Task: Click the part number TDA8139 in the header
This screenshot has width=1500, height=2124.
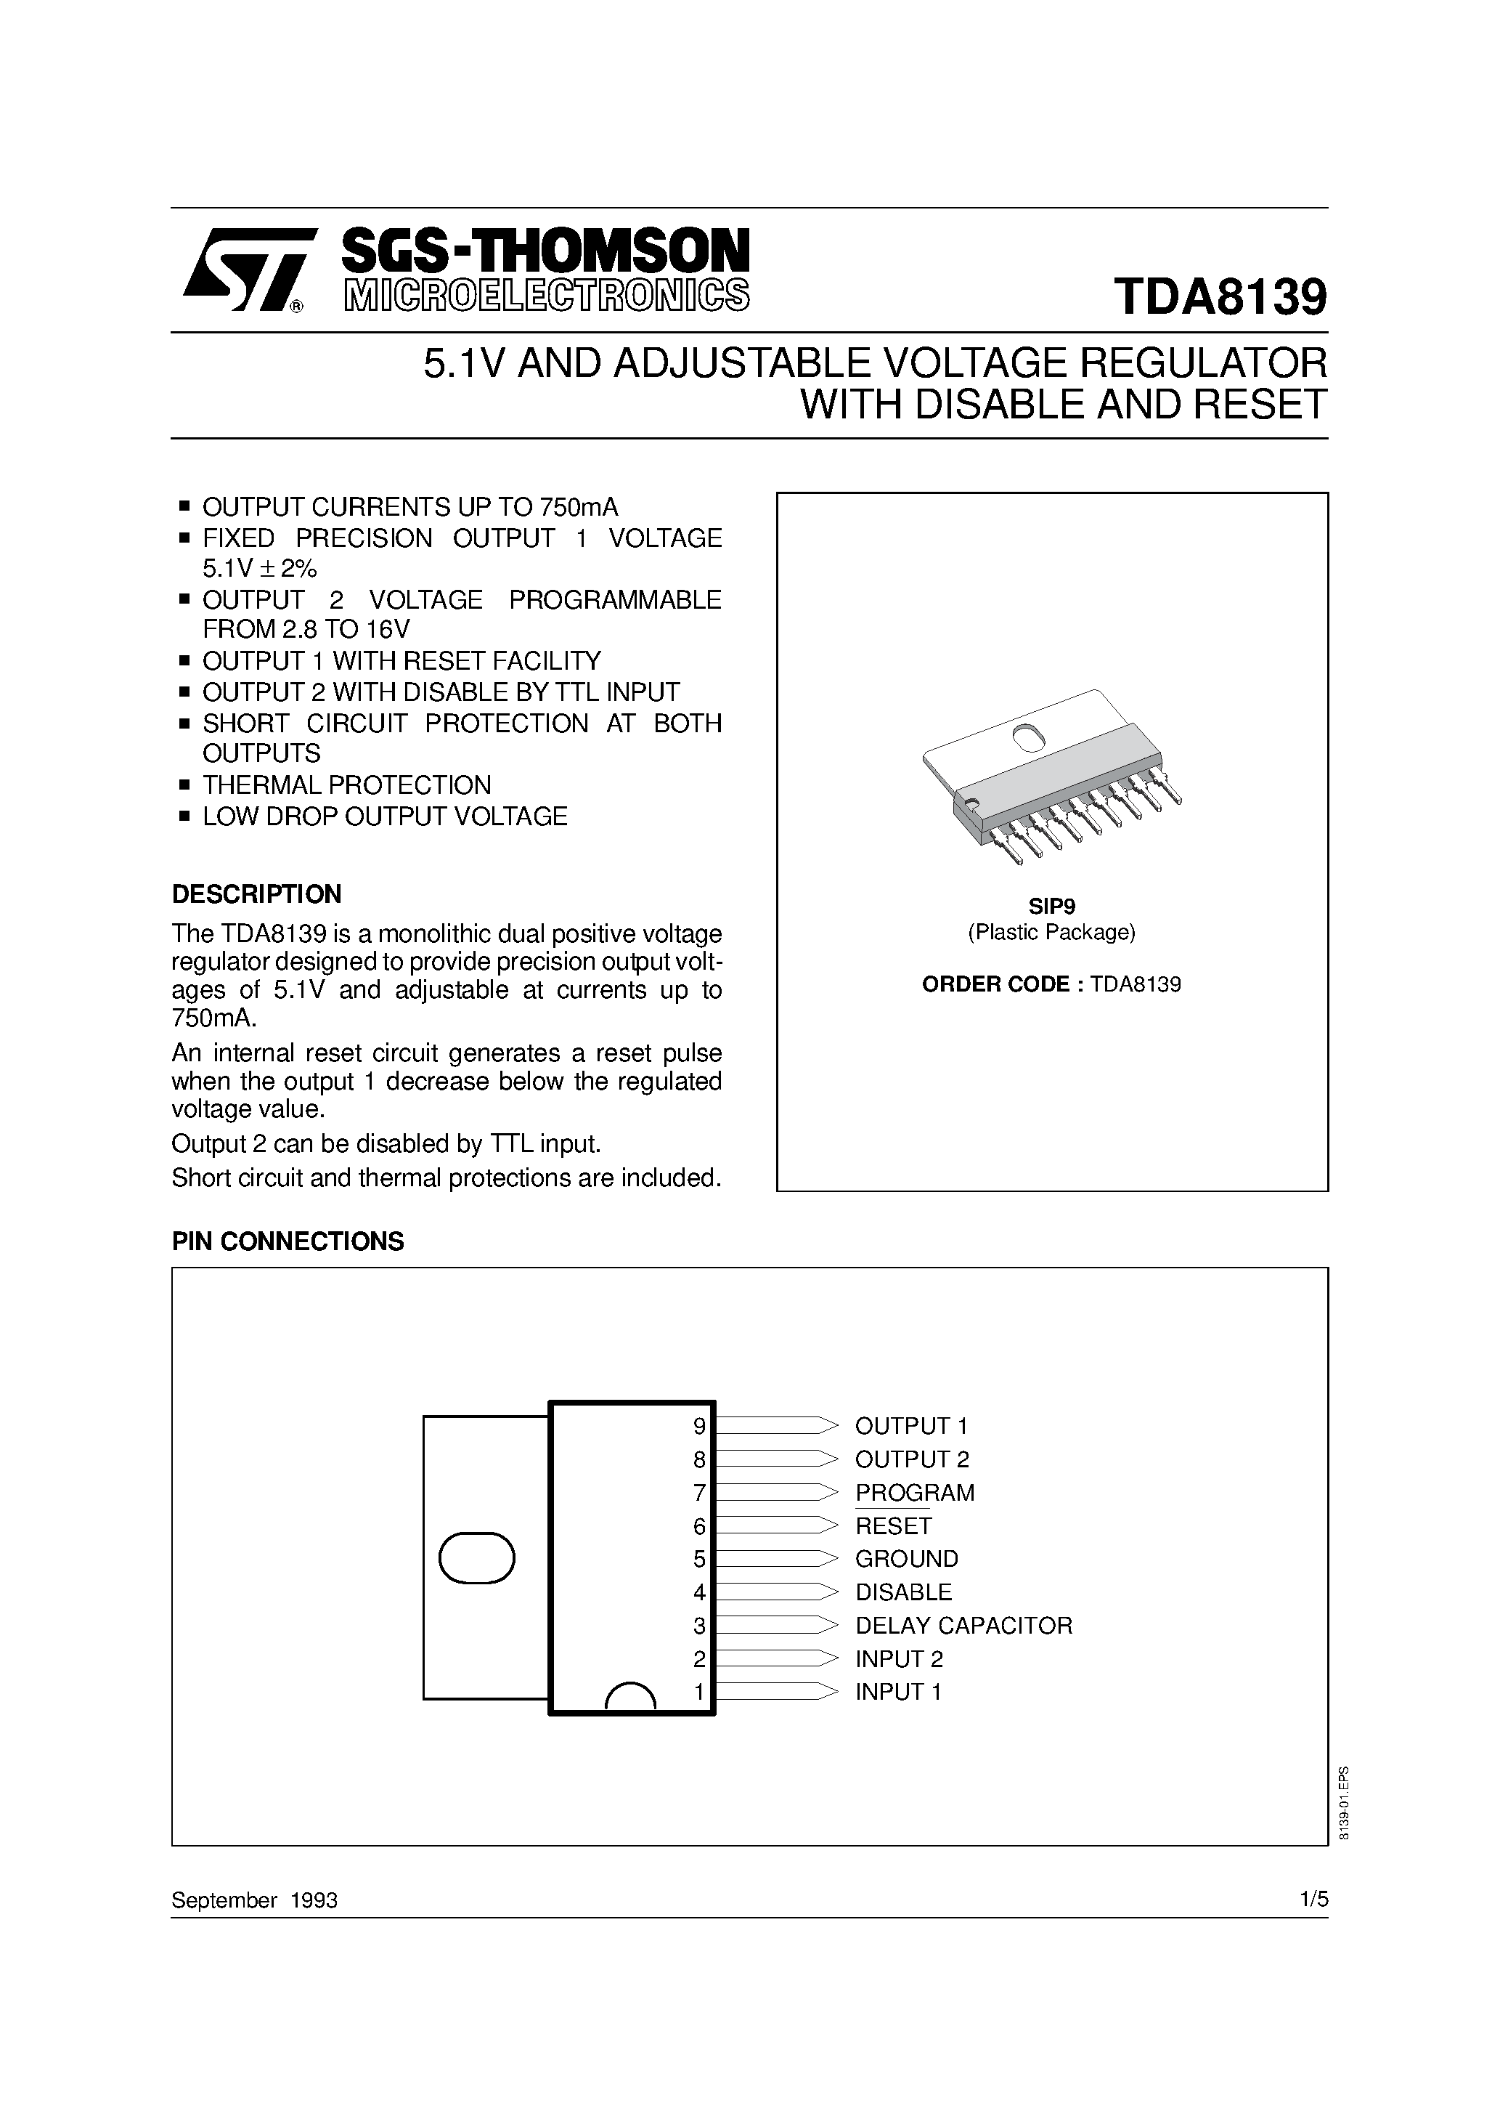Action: (x=1220, y=298)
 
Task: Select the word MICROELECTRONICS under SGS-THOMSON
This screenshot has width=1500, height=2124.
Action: (x=547, y=294)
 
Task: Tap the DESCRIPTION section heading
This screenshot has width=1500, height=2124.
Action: (x=256, y=893)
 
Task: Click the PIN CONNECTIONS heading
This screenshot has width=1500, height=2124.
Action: (x=288, y=1241)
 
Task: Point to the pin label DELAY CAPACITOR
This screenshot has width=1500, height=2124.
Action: (x=963, y=1626)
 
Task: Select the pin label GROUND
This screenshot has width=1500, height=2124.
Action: (x=906, y=1559)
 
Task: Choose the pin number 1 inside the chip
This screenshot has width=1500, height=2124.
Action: (x=699, y=1692)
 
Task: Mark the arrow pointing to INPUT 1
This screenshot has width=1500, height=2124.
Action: (x=777, y=1692)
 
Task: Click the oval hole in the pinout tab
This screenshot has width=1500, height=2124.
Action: (x=476, y=1559)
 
